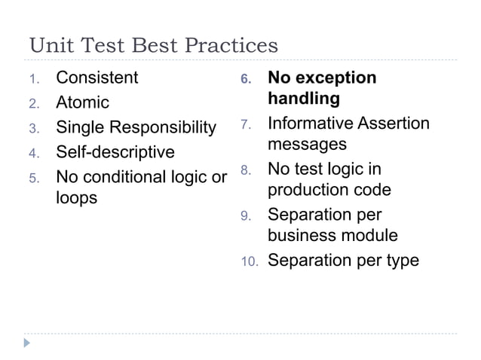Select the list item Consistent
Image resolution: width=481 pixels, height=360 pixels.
97,78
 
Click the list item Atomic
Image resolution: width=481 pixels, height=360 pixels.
83,102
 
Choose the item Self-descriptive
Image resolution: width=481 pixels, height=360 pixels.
115,152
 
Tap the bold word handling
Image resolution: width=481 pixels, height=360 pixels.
304,99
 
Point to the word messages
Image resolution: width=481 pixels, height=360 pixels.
308,143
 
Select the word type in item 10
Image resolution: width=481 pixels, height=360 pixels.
403,261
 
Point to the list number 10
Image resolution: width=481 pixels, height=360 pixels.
250,262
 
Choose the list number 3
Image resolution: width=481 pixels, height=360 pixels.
33,128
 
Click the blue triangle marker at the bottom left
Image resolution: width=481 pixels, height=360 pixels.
28,343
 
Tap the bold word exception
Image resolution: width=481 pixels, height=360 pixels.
335,78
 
